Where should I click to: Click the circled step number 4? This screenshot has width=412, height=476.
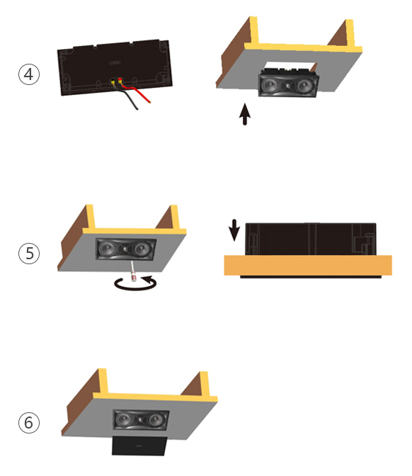[x=29, y=74]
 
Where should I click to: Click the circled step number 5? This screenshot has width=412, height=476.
[x=29, y=253]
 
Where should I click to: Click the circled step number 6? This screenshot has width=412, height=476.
[x=29, y=423]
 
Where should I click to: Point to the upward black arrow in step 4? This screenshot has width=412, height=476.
[x=245, y=114]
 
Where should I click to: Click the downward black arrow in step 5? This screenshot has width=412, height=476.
[x=234, y=230]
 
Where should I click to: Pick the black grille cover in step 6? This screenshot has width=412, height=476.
[x=139, y=446]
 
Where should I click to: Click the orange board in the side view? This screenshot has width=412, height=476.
[x=308, y=266]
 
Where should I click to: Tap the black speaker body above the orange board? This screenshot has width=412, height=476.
[x=311, y=239]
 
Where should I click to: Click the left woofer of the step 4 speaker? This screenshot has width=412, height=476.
[x=270, y=85]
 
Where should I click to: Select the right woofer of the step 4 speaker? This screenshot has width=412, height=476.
[x=305, y=86]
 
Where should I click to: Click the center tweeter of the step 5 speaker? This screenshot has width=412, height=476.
[x=125, y=249]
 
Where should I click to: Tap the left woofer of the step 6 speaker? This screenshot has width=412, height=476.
[x=124, y=419]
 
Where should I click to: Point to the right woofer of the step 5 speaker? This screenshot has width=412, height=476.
[x=142, y=249]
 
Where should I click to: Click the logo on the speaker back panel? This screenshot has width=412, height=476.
[x=115, y=63]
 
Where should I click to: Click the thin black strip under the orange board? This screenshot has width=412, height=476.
[x=311, y=277]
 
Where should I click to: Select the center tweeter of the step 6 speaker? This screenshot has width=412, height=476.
[x=140, y=421]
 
